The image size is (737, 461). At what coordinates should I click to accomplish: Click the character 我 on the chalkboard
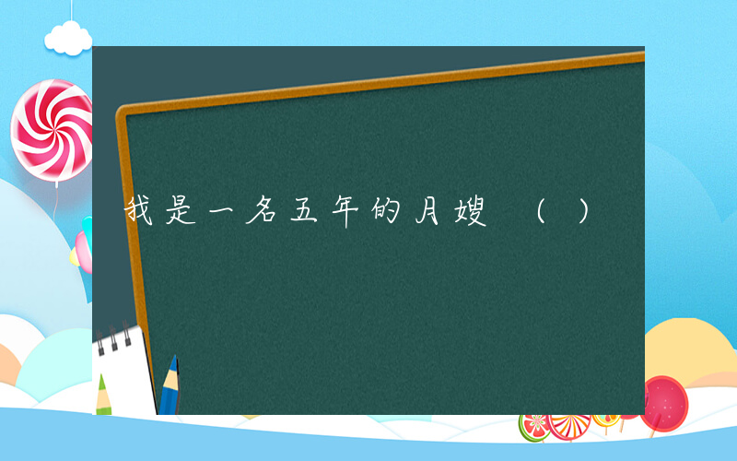[x=139, y=213]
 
